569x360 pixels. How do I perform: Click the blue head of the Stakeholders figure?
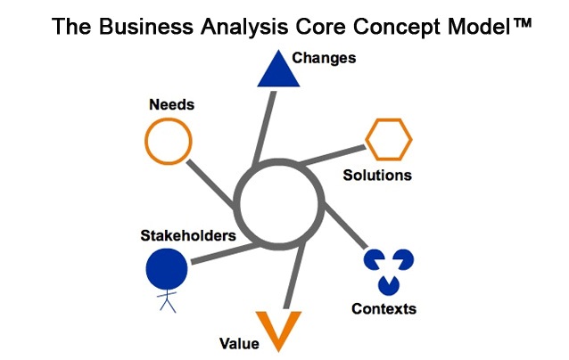click(167, 268)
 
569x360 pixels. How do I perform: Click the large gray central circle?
click(235, 204)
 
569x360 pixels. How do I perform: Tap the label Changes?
click(324, 58)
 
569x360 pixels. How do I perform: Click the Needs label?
click(171, 104)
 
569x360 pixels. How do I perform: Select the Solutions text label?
click(377, 176)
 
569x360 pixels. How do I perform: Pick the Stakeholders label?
click(188, 235)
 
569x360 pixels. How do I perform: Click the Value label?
click(239, 343)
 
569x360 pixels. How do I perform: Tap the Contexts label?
click(383, 309)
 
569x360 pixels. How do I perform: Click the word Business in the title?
click(146, 27)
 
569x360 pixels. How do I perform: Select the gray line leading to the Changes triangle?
click(265, 127)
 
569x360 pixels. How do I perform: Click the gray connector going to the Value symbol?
click(294, 275)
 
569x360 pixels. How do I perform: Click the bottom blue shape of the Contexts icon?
click(389, 285)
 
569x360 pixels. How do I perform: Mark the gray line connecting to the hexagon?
click(333, 155)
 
